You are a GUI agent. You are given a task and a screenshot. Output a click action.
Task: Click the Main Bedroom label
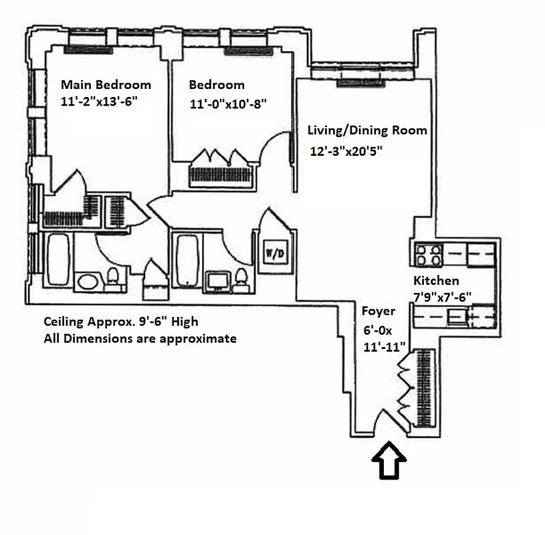[x=106, y=85]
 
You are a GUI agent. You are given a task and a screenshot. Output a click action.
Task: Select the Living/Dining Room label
[x=366, y=130]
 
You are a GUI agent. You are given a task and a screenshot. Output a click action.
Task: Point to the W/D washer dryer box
[x=274, y=253]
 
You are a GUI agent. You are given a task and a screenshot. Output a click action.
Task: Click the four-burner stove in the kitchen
[x=429, y=255]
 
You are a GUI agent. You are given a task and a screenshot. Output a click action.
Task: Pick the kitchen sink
[x=457, y=314]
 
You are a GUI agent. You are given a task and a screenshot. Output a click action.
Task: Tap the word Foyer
[x=378, y=311]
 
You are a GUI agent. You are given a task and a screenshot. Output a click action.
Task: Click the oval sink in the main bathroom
[x=87, y=281]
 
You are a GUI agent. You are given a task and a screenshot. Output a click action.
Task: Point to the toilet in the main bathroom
[x=114, y=277]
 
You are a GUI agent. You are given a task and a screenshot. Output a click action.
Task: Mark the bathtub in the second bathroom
[x=187, y=260]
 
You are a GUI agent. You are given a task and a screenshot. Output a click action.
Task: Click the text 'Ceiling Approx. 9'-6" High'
[x=120, y=322]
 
